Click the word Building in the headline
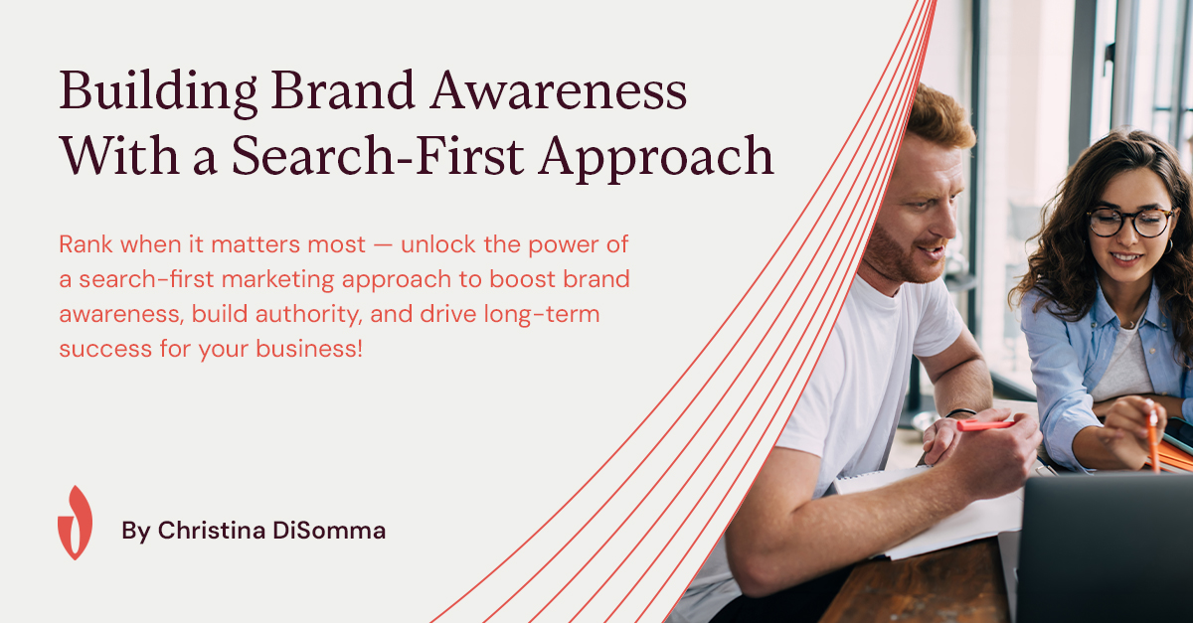point(158,92)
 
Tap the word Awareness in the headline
point(559,90)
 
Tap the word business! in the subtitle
point(309,349)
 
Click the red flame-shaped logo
point(76,523)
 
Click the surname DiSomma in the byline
point(329,531)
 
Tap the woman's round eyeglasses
point(1130,222)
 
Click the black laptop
point(1105,547)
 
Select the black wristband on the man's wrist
point(960,411)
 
